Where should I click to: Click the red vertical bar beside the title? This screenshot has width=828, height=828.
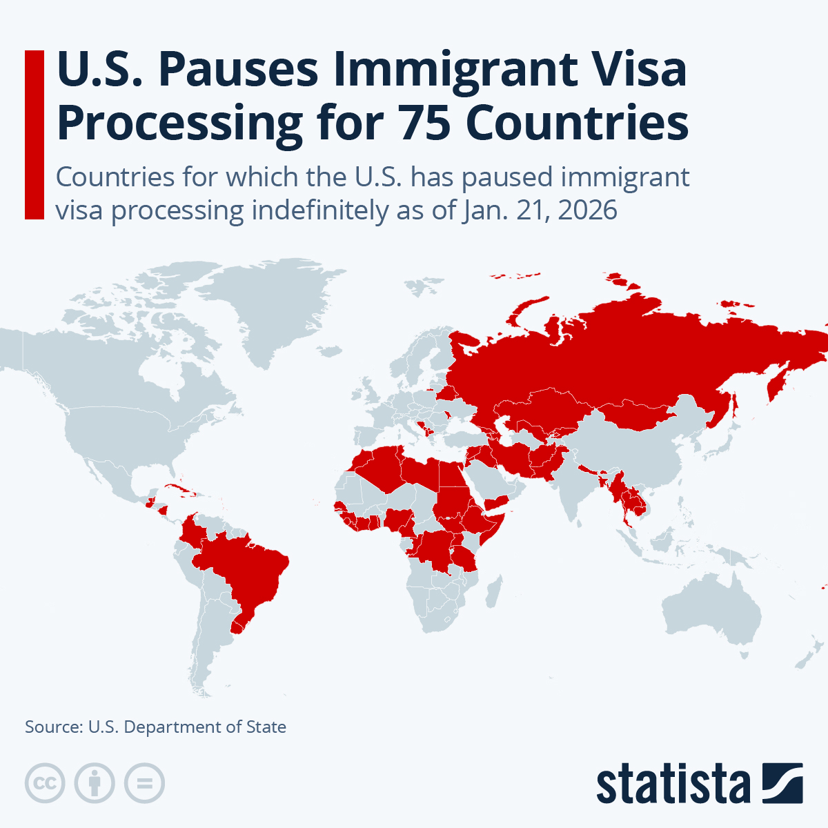34,135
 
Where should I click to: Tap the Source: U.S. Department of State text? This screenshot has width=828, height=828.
155,727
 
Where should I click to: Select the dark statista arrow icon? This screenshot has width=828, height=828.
782,783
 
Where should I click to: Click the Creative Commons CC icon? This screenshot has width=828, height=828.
45,783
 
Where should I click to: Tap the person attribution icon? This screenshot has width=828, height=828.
95,783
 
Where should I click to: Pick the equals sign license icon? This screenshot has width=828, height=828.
144,783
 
